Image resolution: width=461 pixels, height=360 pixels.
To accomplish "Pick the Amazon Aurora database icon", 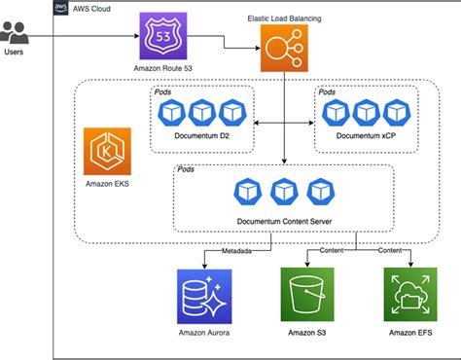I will tap(201, 297).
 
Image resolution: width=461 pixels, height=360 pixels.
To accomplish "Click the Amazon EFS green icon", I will tap(408, 295).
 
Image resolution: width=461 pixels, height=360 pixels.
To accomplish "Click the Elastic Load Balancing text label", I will tap(282, 17).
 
